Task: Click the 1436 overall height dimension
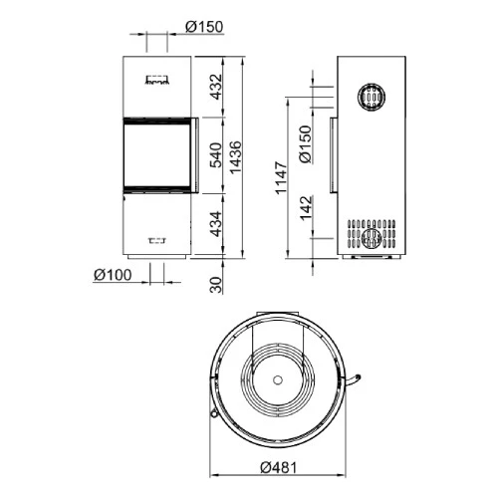[x=235, y=156]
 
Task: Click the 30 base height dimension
[x=213, y=285]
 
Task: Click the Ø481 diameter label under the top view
[x=280, y=469]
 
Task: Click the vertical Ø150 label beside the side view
[x=305, y=142]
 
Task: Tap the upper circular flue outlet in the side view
[x=371, y=98]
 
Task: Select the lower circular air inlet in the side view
[x=371, y=237]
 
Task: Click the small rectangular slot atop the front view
[x=155, y=77]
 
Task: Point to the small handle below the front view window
[x=156, y=239]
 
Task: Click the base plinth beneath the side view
[x=371, y=259]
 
